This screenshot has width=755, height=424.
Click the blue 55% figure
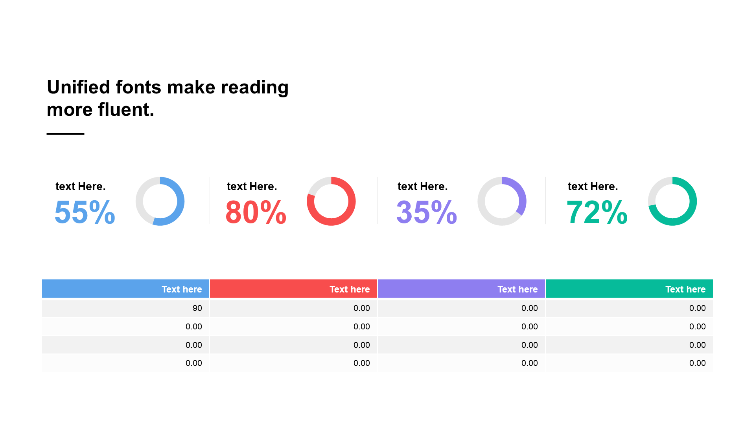[x=85, y=212]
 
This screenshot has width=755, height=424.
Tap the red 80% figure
[x=256, y=212]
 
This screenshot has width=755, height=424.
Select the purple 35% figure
[x=427, y=212]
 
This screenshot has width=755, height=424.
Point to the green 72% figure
[x=597, y=212]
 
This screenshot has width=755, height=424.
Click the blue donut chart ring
[x=180, y=201]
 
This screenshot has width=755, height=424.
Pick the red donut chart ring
[x=352, y=201]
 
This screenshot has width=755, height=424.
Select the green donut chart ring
[x=693, y=201]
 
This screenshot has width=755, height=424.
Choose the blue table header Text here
[x=182, y=289]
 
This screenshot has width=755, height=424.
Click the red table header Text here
[x=350, y=289]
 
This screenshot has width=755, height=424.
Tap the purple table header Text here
[x=517, y=289]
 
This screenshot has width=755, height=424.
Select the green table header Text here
[x=685, y=289]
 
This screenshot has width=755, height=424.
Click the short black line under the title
[x=65, y=133]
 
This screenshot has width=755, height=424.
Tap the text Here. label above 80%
[x=252, y=186]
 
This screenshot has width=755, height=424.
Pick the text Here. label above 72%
[x=593, y=186]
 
